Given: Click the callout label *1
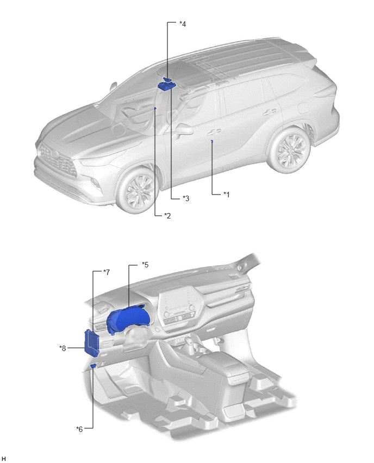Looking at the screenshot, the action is (226, 195).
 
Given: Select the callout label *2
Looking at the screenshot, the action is (167, 216).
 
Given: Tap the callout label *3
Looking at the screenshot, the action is (186, 198).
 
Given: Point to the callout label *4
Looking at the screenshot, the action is (183, 24).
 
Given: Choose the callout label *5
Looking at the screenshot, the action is (145, 265).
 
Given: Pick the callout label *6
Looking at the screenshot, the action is (79, 429).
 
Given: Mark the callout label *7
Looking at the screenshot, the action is (107, 272).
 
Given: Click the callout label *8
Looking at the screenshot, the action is (63, 348).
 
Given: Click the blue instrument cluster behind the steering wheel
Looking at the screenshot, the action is (128, 320).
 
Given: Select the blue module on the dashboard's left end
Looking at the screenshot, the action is (91, 342).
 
